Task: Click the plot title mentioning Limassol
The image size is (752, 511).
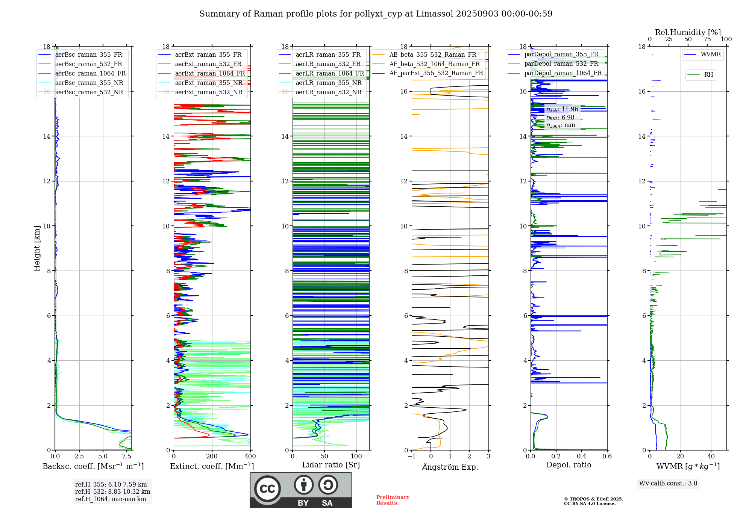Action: (x=376, y=14)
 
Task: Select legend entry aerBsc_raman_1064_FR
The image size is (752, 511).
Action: (x=90, y=73)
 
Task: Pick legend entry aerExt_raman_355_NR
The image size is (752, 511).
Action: (x=209, y=83)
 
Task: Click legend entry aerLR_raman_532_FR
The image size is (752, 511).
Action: (x=328, y=64)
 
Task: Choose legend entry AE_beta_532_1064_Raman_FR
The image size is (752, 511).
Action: (x=434, y=64)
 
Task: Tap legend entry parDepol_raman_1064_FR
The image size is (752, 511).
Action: (x=563, y=73)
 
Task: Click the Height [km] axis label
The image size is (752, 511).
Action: (x=37, y=248)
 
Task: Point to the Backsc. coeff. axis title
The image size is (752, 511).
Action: (x=93, y=466)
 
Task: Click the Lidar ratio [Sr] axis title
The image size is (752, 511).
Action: (x=331, y=465)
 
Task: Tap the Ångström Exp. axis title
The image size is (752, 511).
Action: (x=450, y=467)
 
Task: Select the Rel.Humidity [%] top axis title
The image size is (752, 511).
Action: (x=688, y=32)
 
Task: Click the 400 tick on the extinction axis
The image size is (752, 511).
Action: (x=250, y=457)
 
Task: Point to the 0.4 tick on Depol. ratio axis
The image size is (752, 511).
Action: (x=582, y=457)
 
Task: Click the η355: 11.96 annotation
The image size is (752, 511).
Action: (x=562, y=109)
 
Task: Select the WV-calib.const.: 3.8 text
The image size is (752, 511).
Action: (x=668, y=484)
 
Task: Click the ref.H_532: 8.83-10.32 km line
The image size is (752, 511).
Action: (x=112, y=491)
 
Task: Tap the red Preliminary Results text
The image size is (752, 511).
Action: (x=393, y=500)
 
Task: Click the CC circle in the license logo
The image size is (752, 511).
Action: (x=267, y=489)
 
